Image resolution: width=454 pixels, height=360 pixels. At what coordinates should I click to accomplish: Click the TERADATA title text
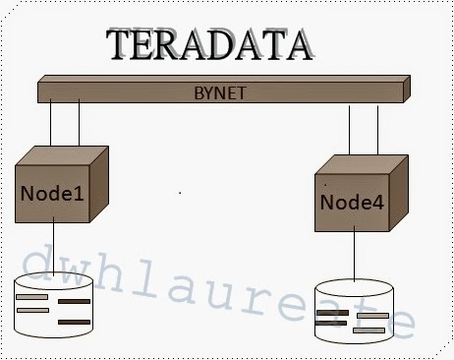click(x=211, y=45)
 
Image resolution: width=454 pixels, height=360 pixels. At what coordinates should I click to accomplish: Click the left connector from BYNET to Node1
click(x=50, y=125)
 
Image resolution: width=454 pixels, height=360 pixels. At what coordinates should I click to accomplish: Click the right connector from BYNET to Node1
click(x=78, y=125)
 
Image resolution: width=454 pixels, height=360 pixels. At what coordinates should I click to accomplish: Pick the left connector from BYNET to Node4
click(x=350, y=131)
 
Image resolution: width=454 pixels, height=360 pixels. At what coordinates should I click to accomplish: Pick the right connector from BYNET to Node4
click(x=378, y=131)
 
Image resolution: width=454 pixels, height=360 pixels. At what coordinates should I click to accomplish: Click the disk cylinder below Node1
click(x=55, y=307)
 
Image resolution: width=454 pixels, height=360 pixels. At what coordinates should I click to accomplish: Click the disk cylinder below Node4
click(x=353, y=313)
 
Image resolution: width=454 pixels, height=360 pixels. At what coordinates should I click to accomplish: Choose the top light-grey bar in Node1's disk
click(x=31, y=297)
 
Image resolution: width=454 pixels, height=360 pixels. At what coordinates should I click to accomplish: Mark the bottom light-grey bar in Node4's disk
click(x=369, y=330)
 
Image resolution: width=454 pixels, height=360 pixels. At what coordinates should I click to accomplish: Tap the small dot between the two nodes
click(x=180, y=193)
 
